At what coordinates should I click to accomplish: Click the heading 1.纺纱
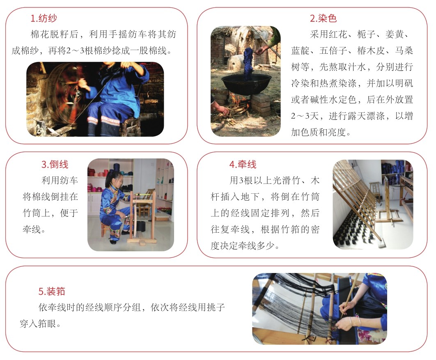(44, 18)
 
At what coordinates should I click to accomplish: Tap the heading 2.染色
(323, 18)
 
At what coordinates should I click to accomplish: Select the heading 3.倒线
(55, 164)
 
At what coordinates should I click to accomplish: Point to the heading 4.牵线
(243, 164)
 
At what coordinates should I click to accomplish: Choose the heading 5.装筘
(52, 291)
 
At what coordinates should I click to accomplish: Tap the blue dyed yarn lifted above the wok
(248, 64)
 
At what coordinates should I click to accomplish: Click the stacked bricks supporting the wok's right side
(260, 104)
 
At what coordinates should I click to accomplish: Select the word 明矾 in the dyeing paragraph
(404, 83)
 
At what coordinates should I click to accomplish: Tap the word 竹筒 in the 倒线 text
(32, 213)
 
